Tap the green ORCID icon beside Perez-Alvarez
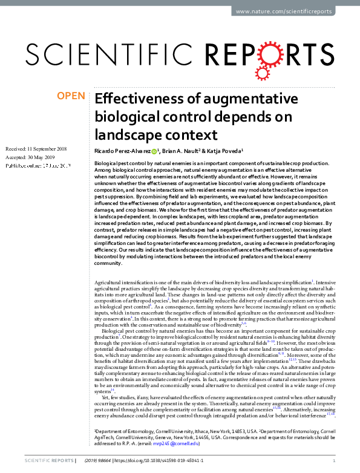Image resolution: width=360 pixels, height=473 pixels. click(155, 151)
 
